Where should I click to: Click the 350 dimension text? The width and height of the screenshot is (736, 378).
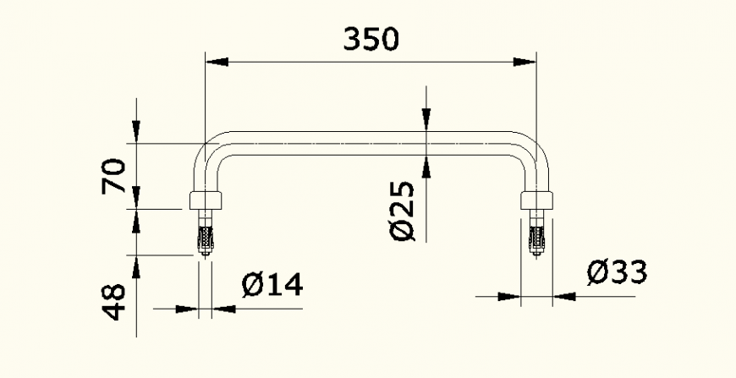pos(371,39)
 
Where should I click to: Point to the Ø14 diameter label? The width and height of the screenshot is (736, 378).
pos(272,286)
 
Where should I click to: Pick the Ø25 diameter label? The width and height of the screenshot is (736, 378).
pos(404,211)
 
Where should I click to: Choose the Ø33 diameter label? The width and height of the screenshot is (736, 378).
pos(617,272)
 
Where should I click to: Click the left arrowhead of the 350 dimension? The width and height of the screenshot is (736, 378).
pos(217,61)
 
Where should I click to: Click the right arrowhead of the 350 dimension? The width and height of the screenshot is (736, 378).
pos(526,61)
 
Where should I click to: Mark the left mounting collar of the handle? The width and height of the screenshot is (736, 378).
pos(206,200)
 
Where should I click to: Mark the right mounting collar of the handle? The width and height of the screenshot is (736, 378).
pos(536,200)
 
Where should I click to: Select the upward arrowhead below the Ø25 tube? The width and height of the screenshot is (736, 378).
pos(427,167)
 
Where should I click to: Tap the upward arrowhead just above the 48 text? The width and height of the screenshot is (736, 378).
pos(136,264)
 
